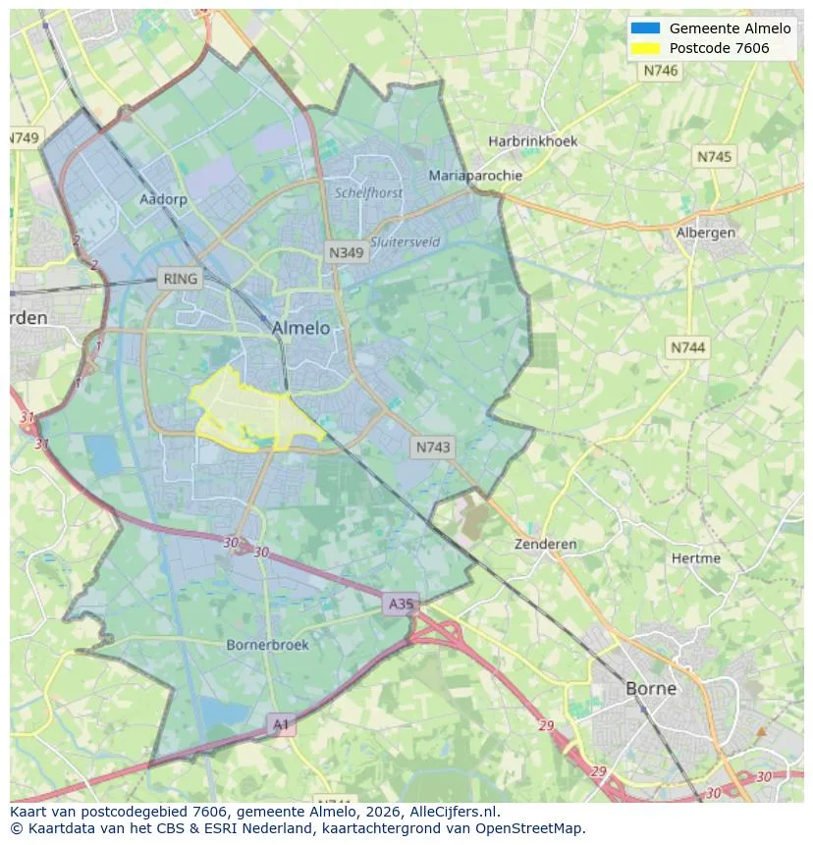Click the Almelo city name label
click(x=300, y=328)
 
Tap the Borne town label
click(x=651, y=688)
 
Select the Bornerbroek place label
click(x=267, y=645)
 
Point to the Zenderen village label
click(x=546, y=544)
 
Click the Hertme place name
click(x=696, y=558)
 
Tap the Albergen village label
click(x=705, y=233)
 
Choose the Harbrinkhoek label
click(x=533, y=141)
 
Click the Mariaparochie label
click(x=475, y=176)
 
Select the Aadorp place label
click(x=163, y=199)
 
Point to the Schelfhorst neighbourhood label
click(x=368, y=193)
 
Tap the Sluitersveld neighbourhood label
click(x=405, y=242)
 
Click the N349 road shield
click(x=346, y=252)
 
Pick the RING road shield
click(x=181, y=279)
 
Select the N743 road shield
click(x=433, y=447)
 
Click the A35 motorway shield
click(x=401, y=605)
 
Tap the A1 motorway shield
click(x=282, y=724)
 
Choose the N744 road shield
click(x=688, y=347)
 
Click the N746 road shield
click(x=661, y=71)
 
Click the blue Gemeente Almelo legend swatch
click(x=645, y=28)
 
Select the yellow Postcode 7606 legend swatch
click(x=645, y=48)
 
